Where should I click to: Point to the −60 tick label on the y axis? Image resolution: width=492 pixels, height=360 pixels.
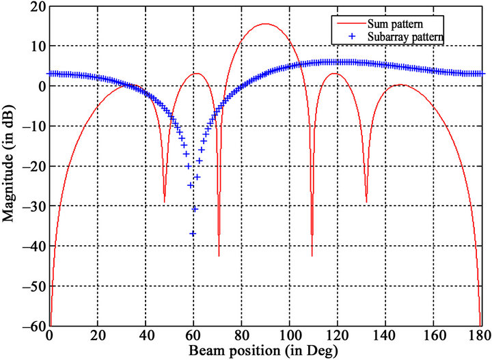tap(31, 326)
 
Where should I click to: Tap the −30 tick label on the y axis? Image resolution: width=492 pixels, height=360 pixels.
tap(31, 206)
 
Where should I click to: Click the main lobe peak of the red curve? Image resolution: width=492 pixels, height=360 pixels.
tap(265, 24)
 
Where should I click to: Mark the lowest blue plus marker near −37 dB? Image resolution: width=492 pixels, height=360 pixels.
tap(193, 234)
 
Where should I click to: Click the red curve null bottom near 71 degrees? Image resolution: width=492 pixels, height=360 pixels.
tap(219, 255)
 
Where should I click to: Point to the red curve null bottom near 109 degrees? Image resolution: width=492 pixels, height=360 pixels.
tap(312, 255)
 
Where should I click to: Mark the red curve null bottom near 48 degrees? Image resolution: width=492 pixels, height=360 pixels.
tap(165, 202)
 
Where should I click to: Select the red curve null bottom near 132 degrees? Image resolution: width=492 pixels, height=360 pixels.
tap(366, 202)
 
